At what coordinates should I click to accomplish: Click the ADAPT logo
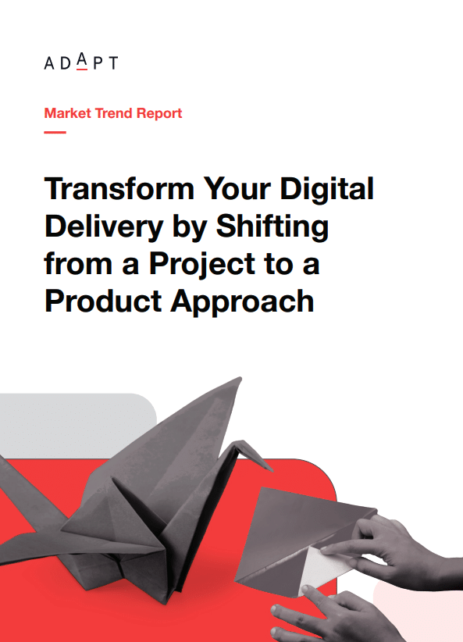(81, 62)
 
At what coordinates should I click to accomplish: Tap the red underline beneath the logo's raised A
(82, 70)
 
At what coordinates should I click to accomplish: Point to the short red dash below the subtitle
(55, 132)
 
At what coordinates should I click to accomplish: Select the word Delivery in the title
(104, 227)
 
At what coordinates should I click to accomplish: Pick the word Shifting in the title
(272, 227)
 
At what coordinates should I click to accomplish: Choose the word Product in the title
(103, 301)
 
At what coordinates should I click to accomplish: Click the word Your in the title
(237, 189)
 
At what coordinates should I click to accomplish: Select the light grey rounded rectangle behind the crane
(78, 426)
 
